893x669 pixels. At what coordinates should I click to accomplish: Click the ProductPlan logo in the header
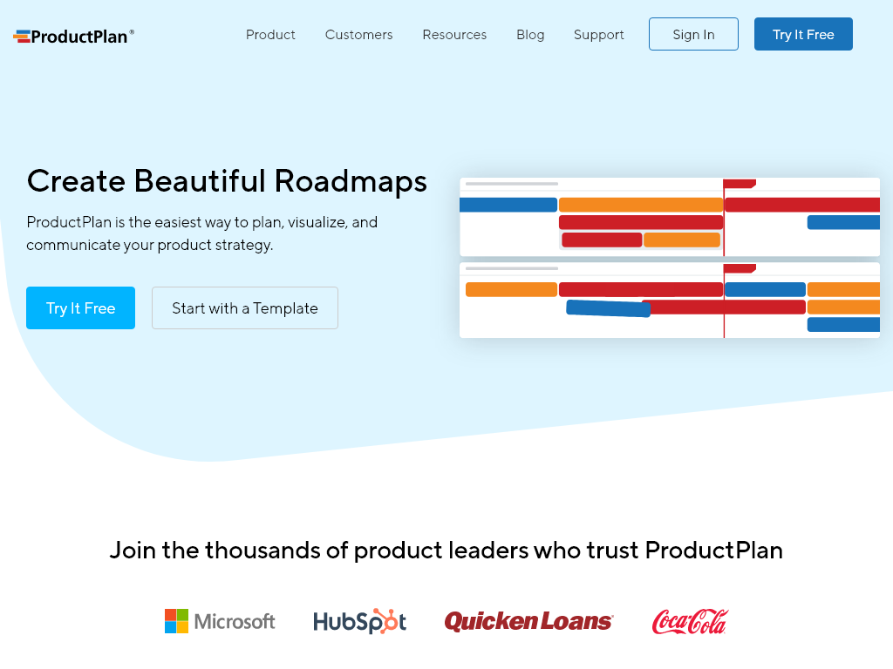(74, 36)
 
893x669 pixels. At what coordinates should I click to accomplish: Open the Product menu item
(270, 35)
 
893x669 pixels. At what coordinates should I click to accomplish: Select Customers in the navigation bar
(358, 35)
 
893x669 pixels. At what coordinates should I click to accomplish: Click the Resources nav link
(454, 35)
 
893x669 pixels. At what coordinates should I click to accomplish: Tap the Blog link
(530, 35)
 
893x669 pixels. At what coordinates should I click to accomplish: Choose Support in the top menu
(598, 35)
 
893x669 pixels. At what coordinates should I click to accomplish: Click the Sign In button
(693, 35)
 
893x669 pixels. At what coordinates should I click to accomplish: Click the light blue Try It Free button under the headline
(80, 308)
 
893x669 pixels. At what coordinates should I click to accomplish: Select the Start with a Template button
(244, 308)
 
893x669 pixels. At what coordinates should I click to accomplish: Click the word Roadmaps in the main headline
(351, 181)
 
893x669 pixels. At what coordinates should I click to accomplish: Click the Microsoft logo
(220, 621)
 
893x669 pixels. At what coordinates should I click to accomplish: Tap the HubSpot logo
(359, 621)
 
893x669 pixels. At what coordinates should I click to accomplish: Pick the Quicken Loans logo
(528, 621)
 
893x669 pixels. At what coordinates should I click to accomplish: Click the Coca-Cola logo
(689, 621)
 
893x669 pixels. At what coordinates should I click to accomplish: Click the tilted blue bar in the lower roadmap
(608, 308)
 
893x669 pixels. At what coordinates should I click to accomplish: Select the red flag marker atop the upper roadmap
(739, 184)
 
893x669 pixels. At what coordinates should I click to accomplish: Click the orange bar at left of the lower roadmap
(511, 289)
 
